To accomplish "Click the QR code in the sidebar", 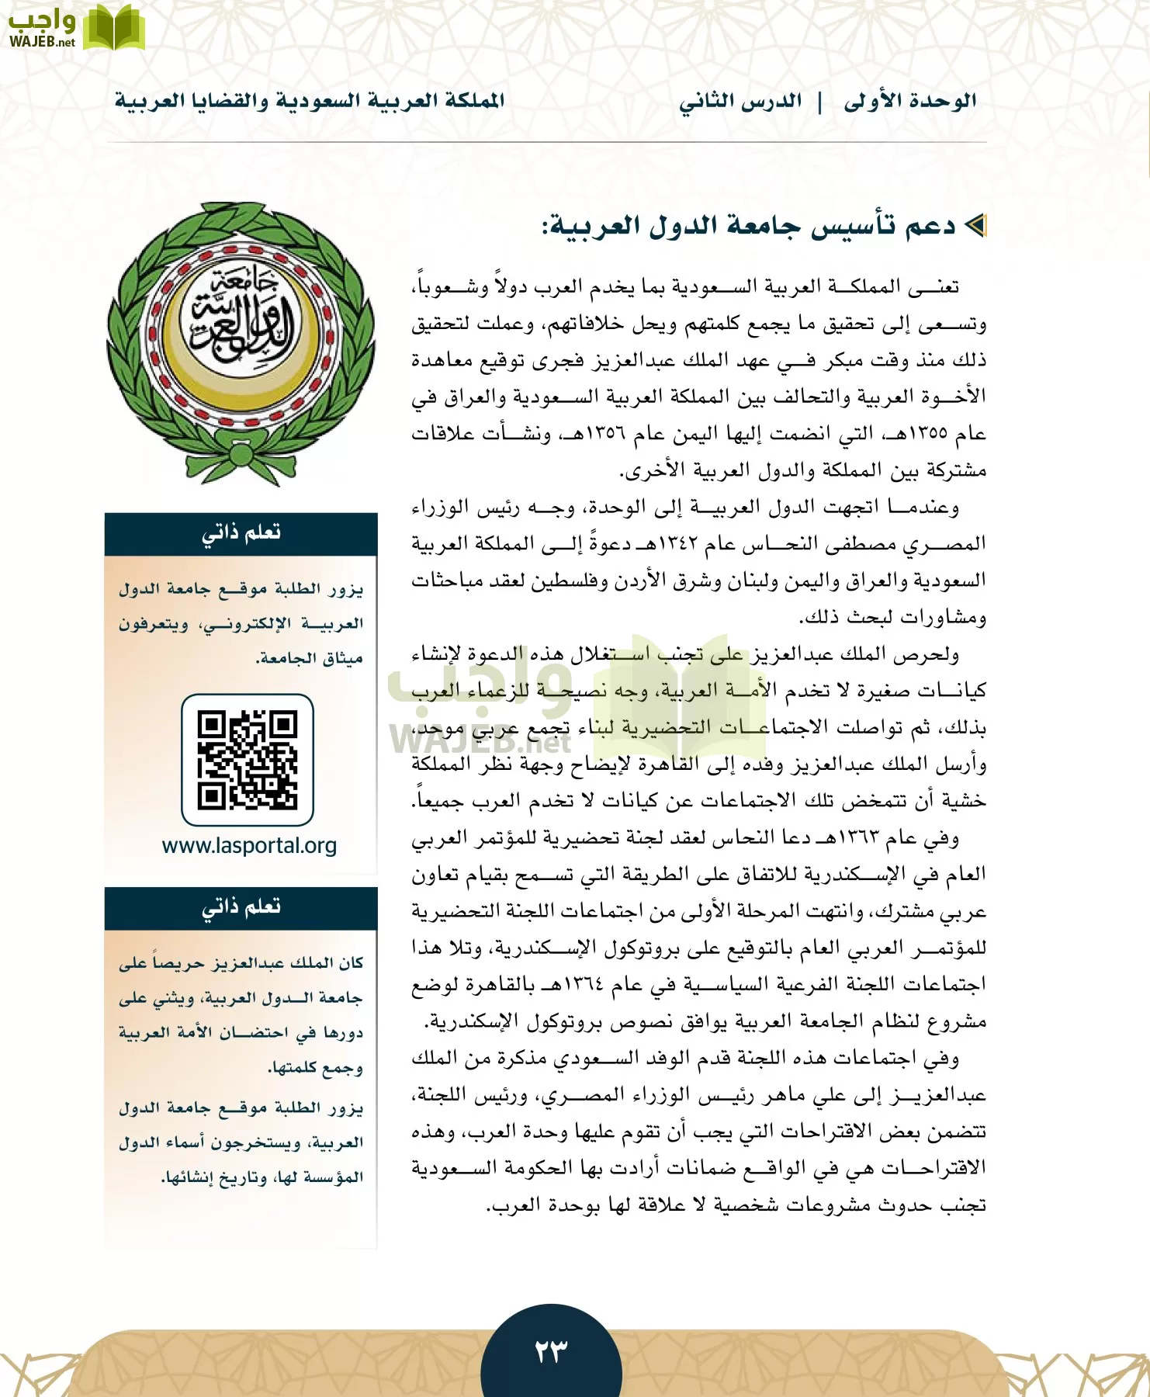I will point(248,760).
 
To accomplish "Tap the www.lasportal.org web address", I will point(249,845).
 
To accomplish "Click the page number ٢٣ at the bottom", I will point(551,1351).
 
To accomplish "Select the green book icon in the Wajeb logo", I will point(113,28).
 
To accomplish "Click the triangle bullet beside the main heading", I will point(976,226).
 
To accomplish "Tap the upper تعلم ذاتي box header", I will point(241,533).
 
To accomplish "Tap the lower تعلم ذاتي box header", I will point(241,907).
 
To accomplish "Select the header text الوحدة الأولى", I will point(909,102).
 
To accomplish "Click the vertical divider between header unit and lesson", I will point(820,102).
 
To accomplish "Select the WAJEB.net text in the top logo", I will point(42,42).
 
